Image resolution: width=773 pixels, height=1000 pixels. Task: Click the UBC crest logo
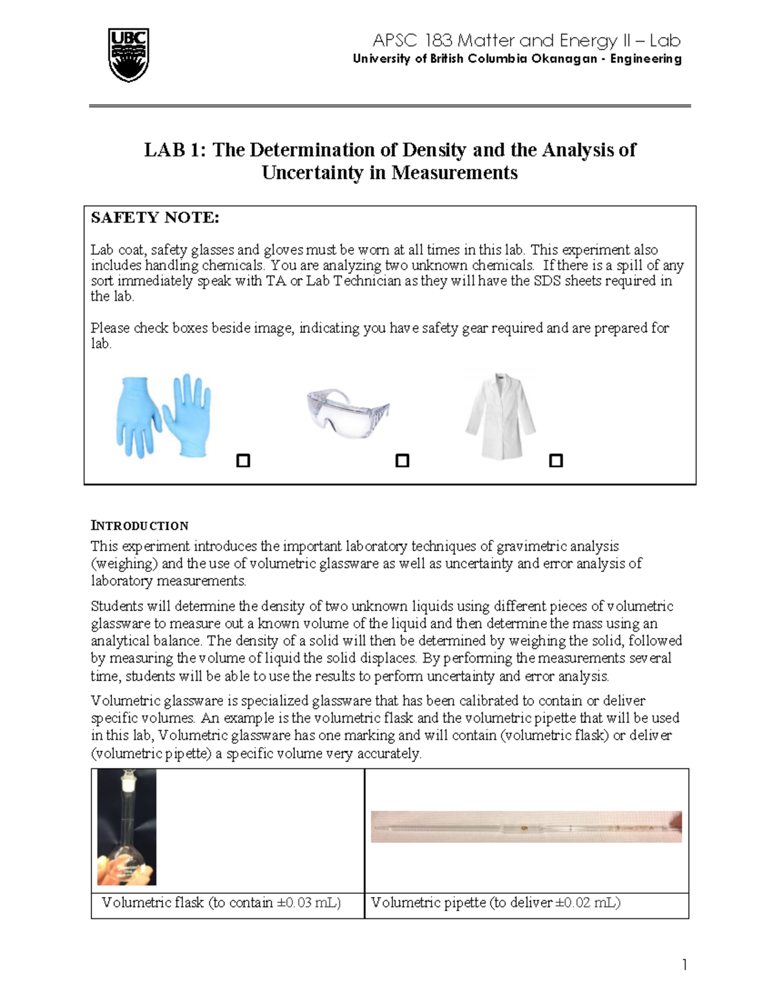(129, 55)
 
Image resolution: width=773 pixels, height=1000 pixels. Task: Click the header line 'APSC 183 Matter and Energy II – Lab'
(526, 41)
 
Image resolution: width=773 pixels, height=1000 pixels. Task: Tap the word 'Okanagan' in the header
(564, 59)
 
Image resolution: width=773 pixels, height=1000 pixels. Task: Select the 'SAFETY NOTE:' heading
(155, 218)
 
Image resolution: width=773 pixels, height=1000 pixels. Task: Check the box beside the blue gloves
(243, 460)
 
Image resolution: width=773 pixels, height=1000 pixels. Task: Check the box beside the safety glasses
(402, 460)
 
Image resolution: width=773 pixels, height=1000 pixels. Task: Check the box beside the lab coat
(555, 460)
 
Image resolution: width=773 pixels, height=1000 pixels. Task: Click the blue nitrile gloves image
(164, 416)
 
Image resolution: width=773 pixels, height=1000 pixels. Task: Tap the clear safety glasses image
(348, 413)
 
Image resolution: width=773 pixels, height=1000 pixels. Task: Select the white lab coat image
(501, 416)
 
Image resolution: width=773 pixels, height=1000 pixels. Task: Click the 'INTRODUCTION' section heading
(139, 525)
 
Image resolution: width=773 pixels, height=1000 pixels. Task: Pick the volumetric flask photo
(126, 827)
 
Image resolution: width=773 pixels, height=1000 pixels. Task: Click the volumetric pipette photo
(526, 827)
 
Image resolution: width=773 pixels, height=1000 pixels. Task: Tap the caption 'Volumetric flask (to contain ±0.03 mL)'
(221, 903)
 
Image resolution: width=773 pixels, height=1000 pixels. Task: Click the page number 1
(684, 964)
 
